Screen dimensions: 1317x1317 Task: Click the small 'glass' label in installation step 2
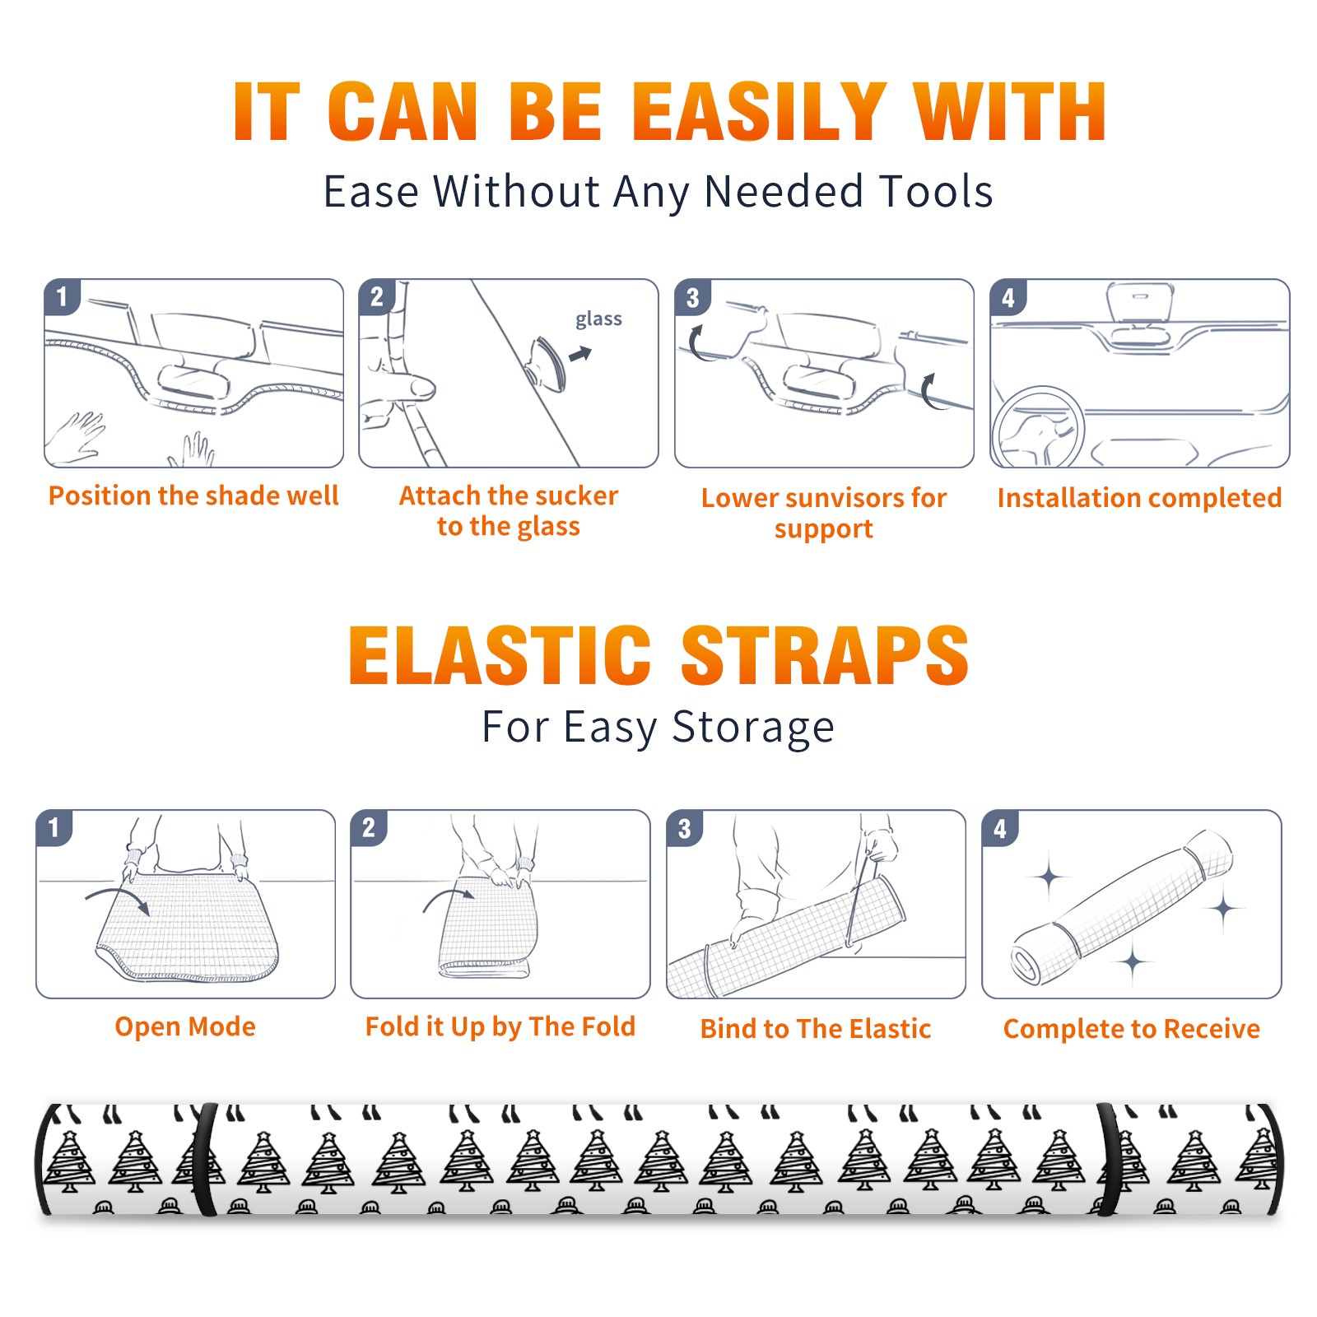pos(598,319)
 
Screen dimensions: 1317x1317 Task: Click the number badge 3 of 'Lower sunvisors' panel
pos(693,297)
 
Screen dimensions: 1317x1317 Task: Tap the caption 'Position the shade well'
pos(193,496)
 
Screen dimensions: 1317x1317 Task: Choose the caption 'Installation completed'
pos(1139,498)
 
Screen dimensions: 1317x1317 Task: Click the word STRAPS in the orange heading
pos(825,655)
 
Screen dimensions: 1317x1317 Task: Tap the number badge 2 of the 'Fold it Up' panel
pos(369,827)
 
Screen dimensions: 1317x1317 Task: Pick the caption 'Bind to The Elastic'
pos(815,1029)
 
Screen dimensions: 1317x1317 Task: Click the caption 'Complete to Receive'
pos(1132,1029)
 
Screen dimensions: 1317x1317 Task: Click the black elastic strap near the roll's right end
pos(1108,1159)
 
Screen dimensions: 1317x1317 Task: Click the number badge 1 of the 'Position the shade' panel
pos(62,296)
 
